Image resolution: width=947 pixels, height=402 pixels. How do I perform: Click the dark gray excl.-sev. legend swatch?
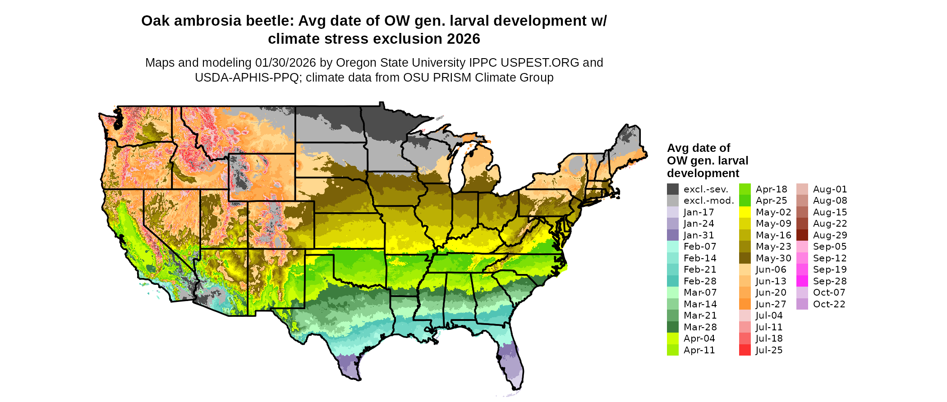(x=672, y=189)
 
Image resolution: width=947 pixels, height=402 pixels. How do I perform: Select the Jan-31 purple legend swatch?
(x=672, y=235)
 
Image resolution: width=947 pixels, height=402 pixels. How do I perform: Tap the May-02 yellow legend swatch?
(x=745, y=212)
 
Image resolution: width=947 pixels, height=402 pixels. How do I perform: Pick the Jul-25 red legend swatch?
(x=745, y=350)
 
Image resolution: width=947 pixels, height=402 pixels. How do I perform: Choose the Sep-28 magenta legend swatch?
(x=802, y=281)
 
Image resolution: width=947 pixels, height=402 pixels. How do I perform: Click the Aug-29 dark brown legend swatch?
(x=802, y=235)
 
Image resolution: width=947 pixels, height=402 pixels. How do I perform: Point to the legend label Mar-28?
(x=700, y=327)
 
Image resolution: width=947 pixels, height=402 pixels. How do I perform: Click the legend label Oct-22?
(x=829, y=304)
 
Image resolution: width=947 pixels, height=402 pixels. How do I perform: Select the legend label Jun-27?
(x=771, y=304)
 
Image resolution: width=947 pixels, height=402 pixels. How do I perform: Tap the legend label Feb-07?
(x=700, y=247)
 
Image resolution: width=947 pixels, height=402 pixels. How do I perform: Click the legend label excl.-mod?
(x=709, y=201)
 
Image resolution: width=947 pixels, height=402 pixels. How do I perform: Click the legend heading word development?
(x=703, y=174)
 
